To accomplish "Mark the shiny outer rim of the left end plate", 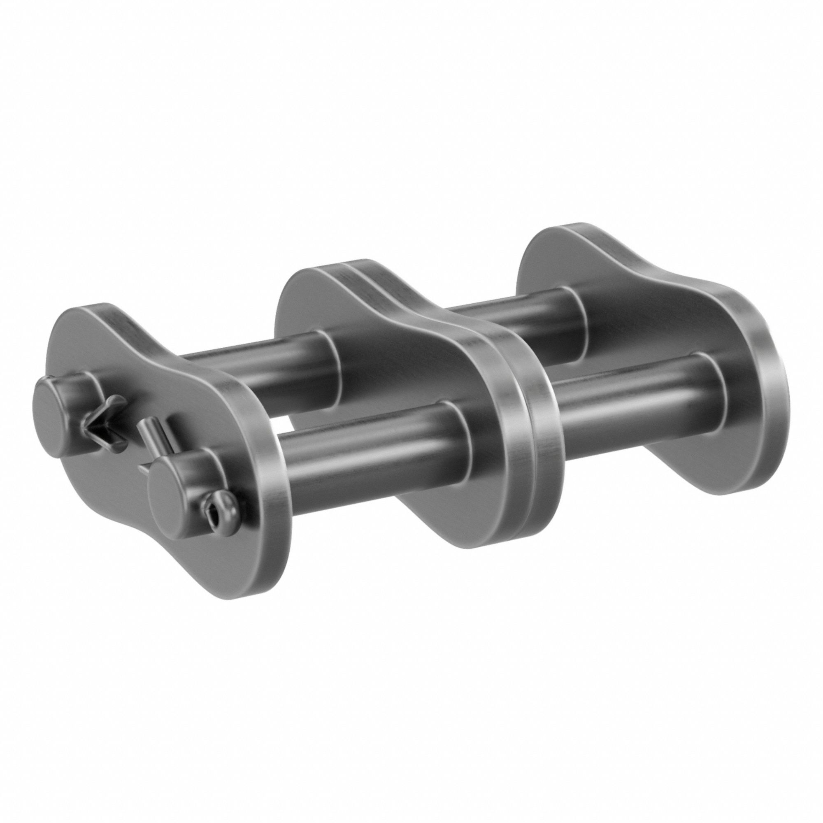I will [x=273, y=503].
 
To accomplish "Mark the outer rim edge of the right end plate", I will [x=767, y=384].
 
